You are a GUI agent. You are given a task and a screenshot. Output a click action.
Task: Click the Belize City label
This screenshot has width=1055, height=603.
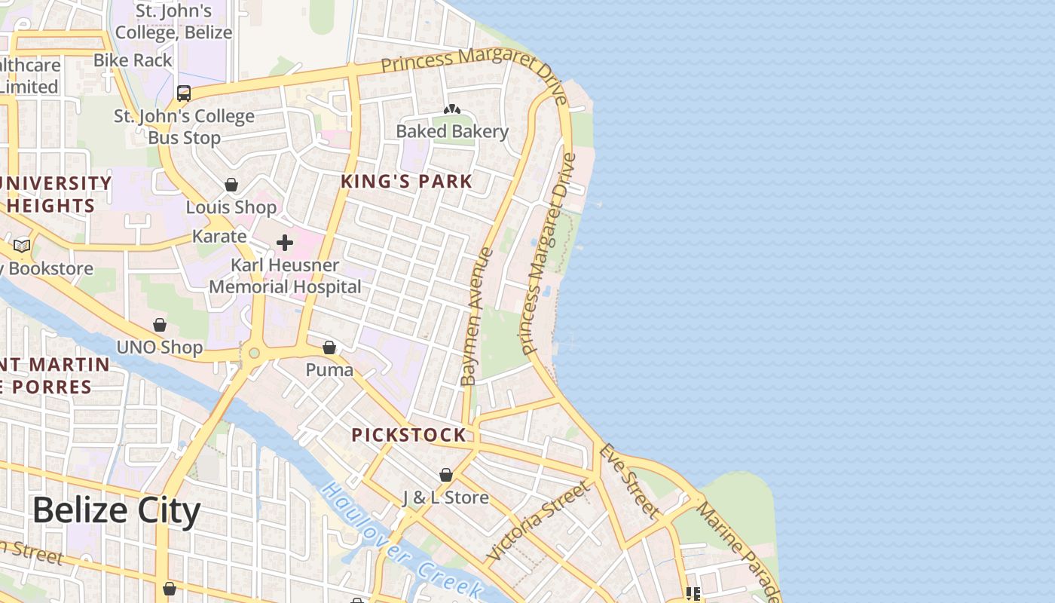point(116,511)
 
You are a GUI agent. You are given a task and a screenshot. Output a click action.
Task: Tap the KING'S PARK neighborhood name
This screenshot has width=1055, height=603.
point(406,182)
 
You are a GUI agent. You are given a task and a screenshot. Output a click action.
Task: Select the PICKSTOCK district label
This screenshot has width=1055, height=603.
point(408,435)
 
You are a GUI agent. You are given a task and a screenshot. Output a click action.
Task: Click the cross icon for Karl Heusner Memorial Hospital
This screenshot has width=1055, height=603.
point(285,243)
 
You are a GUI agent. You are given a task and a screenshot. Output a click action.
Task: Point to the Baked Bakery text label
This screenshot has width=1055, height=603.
point(452,131)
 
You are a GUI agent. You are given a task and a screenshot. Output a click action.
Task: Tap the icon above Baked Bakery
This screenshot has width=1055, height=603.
point(452,110)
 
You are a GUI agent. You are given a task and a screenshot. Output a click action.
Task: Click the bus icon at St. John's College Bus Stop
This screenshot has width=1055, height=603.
point(184,93)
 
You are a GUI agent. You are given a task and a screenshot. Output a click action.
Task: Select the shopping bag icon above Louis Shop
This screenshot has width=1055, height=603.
point(231,185)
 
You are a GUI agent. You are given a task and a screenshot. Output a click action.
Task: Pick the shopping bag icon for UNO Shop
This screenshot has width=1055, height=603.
point(160,326)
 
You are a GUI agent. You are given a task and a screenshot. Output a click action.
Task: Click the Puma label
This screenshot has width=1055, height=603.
point(329,370)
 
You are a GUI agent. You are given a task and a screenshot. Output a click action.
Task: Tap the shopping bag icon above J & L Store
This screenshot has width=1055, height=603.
point(446,476)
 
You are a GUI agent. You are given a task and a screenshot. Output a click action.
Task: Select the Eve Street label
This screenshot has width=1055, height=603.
point(628,481)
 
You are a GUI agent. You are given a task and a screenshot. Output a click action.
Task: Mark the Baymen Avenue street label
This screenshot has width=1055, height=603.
point(477,317)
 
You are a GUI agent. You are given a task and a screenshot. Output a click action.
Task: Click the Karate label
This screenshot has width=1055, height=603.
point(219,237)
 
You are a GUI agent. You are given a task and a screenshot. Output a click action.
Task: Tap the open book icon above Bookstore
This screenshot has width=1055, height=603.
point(22,246)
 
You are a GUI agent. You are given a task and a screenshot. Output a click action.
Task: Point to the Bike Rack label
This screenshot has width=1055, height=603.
point(133,60)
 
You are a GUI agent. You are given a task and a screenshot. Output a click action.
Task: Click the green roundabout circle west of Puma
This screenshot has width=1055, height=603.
point(254,353)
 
